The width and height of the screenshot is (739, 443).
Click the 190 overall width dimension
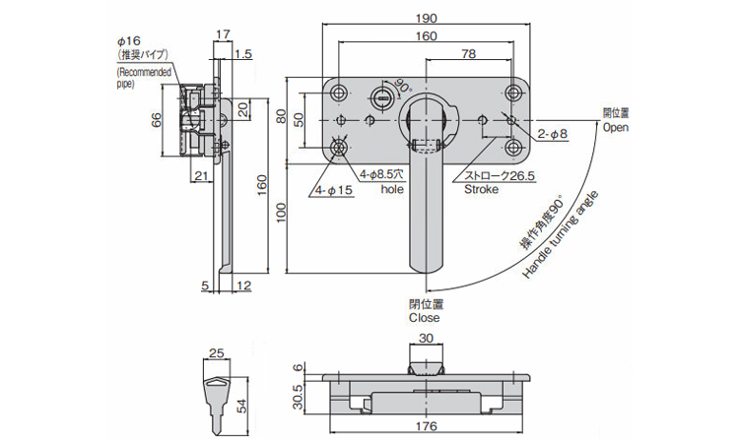426,19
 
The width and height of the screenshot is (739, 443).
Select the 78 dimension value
468,54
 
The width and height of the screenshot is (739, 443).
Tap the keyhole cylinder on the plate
382,97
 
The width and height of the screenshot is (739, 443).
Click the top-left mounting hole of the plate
338,93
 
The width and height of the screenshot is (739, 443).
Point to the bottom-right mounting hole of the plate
513,149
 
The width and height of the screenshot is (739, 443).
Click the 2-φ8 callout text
553,134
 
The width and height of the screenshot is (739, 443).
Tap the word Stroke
481,189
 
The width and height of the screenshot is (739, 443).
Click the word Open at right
615,127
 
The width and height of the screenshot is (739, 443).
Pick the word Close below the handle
424,318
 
